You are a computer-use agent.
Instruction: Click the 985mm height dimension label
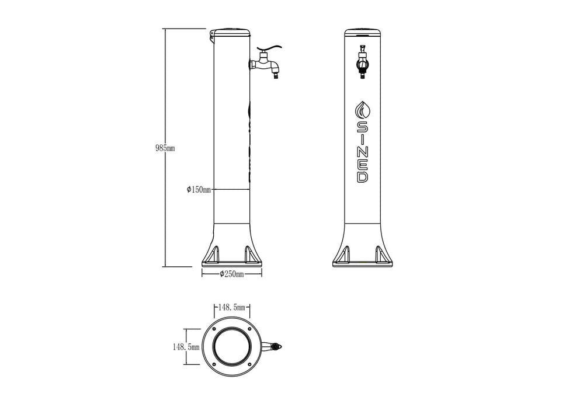165,148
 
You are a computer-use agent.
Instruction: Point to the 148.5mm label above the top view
232,307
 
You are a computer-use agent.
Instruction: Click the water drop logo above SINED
362,109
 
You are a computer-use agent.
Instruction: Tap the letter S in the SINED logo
362,127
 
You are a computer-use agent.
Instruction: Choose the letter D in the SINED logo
362,176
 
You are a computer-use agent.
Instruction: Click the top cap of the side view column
231,32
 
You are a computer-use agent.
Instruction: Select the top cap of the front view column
363,32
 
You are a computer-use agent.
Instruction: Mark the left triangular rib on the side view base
214,254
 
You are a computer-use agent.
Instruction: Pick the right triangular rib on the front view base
380,254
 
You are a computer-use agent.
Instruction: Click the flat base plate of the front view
363,265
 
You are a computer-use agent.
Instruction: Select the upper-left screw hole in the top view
214,329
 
